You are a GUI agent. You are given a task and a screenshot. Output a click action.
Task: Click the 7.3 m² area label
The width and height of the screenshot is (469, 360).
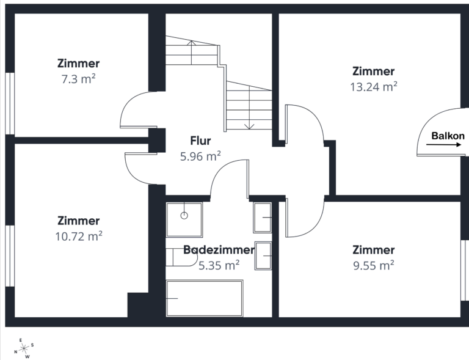78,79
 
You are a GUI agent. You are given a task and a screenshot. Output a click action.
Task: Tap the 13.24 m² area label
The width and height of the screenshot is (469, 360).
374,87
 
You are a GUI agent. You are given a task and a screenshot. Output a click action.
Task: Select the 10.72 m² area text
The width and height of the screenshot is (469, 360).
79,237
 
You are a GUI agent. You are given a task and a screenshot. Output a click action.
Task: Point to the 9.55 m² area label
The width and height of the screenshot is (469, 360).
374,265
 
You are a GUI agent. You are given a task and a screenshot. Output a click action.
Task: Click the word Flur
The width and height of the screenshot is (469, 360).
200,141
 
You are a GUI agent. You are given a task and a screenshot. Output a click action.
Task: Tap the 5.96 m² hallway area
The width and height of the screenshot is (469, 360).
200,156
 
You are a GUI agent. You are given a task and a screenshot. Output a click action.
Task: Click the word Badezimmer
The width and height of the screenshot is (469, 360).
219,249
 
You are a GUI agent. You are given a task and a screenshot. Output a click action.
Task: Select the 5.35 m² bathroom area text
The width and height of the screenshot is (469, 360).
219,265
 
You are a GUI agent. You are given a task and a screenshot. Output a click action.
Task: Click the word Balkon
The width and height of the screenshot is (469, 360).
448,136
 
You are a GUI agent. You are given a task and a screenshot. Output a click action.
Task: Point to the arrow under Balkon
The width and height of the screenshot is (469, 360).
443,145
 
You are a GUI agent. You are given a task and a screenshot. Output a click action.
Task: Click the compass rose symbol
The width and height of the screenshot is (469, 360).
24,348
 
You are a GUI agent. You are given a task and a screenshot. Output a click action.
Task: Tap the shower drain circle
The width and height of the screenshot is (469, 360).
184,216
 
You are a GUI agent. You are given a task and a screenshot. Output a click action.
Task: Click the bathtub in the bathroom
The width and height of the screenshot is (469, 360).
205,298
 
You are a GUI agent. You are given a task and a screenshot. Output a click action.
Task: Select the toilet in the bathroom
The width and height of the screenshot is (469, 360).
181,257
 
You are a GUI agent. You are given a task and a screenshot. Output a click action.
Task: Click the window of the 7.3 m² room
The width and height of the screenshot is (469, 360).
10,103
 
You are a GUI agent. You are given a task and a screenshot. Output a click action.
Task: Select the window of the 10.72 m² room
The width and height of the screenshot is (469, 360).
10,256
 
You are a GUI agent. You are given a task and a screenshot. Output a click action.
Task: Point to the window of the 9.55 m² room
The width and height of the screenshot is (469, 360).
465,270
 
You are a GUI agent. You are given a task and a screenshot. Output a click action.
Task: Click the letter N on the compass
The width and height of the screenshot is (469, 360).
15,352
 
